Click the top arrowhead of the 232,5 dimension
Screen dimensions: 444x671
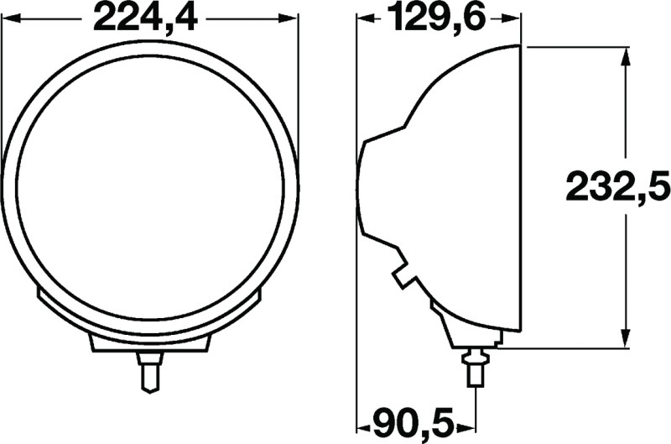pos(625,56)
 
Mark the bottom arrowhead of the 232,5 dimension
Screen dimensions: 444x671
pos(625,337)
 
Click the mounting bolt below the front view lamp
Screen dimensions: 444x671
pos(149,371)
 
